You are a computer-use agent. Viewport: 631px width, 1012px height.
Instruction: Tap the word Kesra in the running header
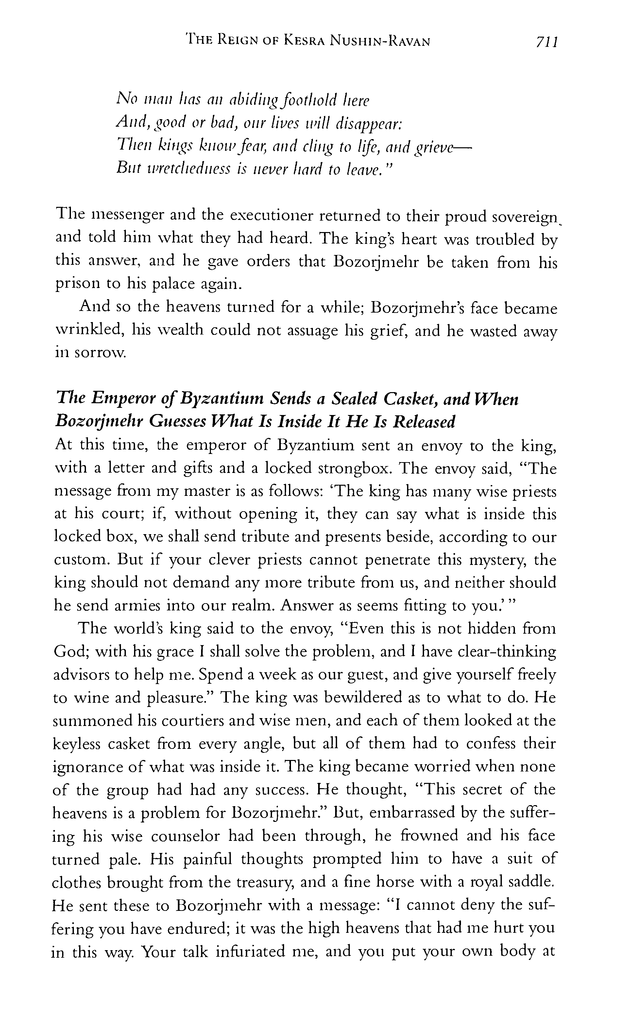pyautogui.click(x=305, y=41)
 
